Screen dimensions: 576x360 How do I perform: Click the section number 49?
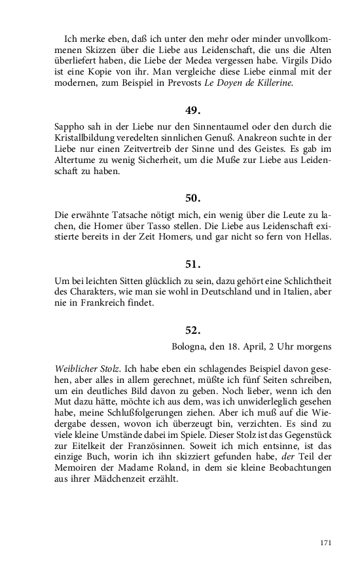point(192,111)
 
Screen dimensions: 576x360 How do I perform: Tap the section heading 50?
point(192,197)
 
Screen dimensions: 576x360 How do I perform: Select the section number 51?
point(192,264)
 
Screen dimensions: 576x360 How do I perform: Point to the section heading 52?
point(192,331)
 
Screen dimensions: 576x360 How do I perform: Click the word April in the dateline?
point(254,346)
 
